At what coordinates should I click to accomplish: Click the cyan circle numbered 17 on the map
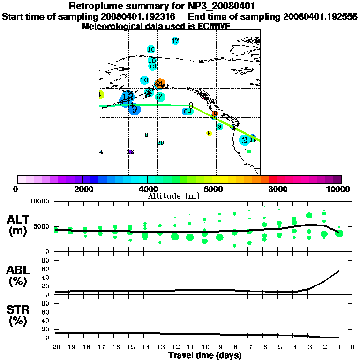pyautogui.click(x=175, y=41)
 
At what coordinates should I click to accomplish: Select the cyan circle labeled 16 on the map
pyautogui.click(x=151, y=49)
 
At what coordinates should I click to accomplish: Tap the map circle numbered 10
pyautogui.click(x=144, y=80)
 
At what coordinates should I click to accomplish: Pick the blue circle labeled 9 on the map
pyautogui.click(x=135, y=110)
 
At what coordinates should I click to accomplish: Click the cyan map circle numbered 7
pyautogui.click(x=160, y=97)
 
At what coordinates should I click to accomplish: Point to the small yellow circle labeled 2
pyautogui.click(x=209, y=133)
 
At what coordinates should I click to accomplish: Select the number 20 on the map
pyautogui.click(x=160, y=142)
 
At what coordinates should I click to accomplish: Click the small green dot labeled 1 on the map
pyautogui.click(x=249, y=151)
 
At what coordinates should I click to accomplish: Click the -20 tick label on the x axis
pyautogui.click(x=55, y=347)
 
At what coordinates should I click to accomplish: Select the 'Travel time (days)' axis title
pyautogui.click(x=205, y=355)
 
